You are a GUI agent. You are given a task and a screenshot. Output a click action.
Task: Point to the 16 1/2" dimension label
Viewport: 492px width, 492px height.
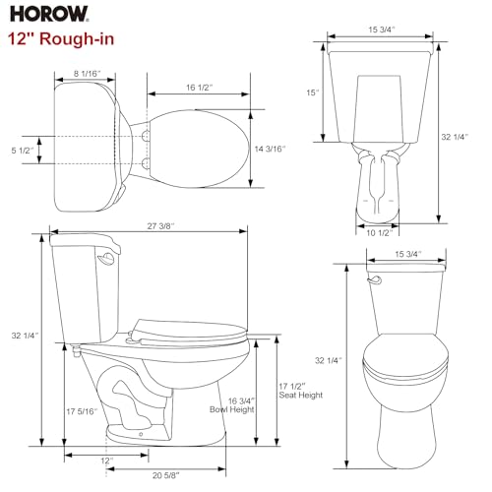[x=202, y=88]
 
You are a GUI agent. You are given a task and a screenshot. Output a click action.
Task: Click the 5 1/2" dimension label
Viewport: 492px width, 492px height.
[x=19, y=150]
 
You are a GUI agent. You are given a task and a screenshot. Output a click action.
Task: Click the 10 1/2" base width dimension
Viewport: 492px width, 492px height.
[x=381, y=233]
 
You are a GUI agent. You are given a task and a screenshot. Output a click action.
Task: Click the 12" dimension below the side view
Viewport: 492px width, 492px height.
[x=105, y=460]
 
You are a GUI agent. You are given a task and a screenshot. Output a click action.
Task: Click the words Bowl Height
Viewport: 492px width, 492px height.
[x=232, y=408]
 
